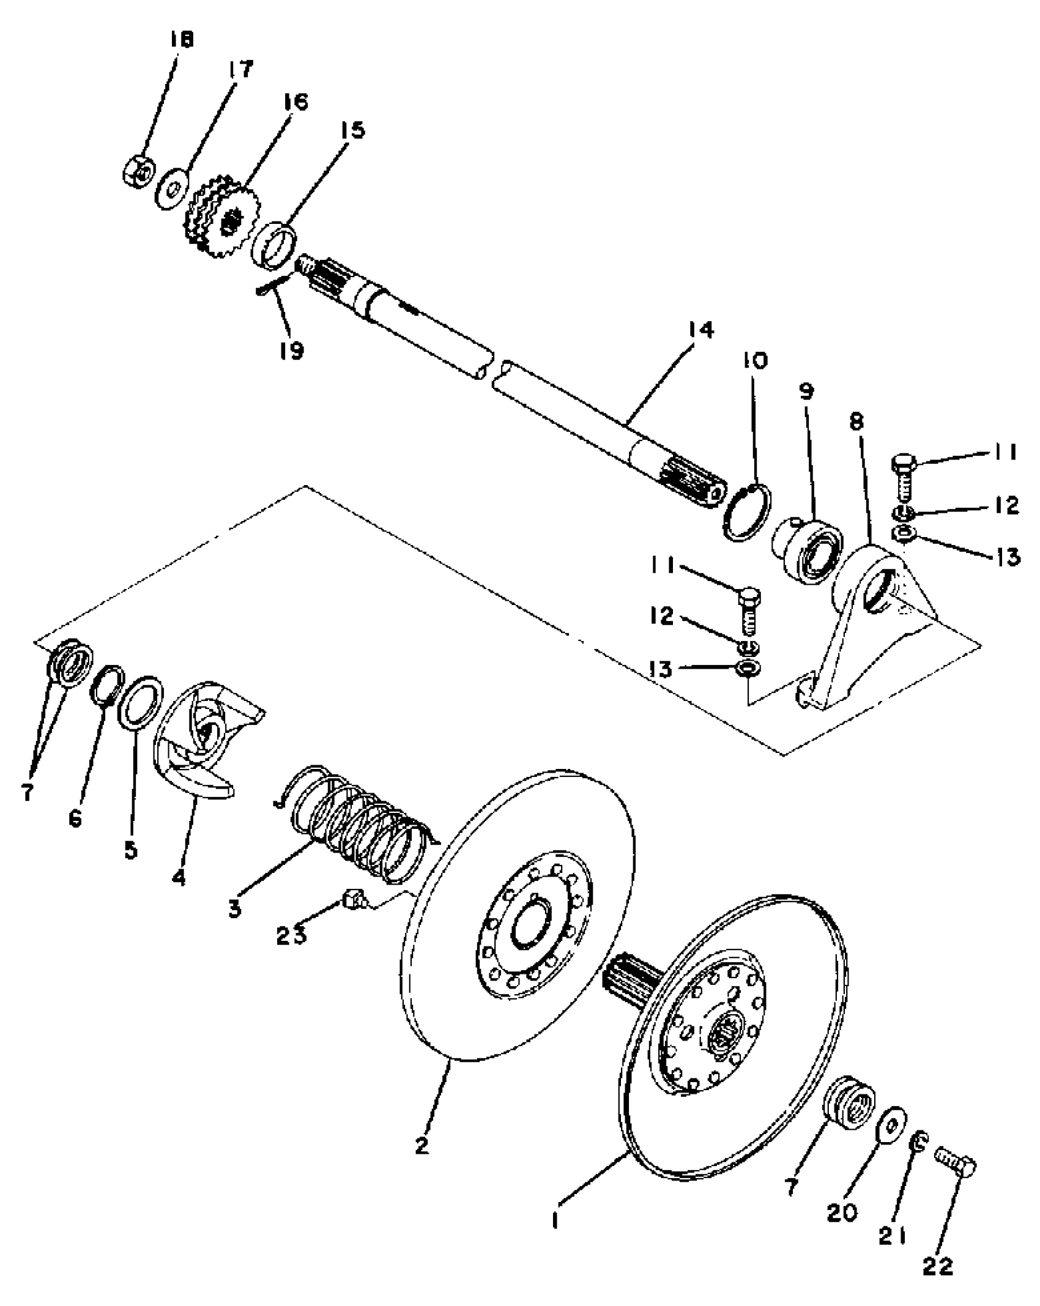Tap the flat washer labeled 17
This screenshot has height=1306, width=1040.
point(171,190)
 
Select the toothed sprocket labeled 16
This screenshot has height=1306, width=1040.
point(222,217)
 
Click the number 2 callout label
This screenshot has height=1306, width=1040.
point(422,1145)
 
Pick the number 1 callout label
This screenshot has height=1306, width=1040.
point(555,1220)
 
